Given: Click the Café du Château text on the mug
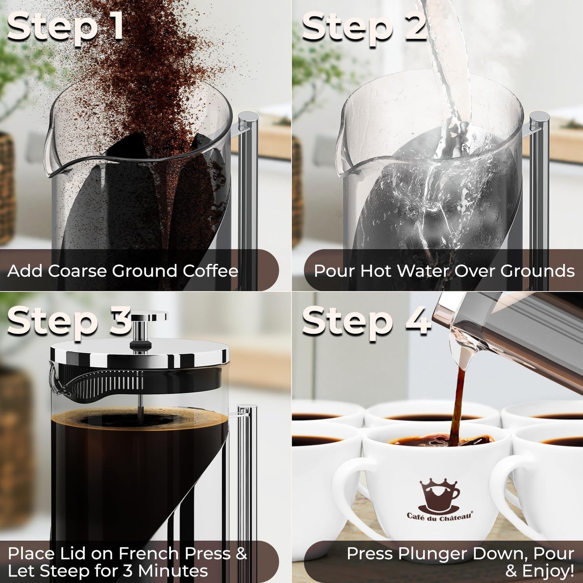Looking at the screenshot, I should (439, 516).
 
